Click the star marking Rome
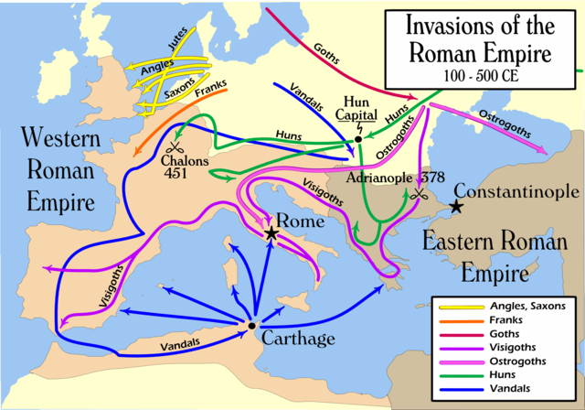coord(271,233)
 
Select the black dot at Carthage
coord(250,325)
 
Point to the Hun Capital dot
coord(358,139)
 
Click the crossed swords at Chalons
coord(175,148)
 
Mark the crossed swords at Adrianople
coord(420,195)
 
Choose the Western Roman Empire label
coord(57,170)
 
